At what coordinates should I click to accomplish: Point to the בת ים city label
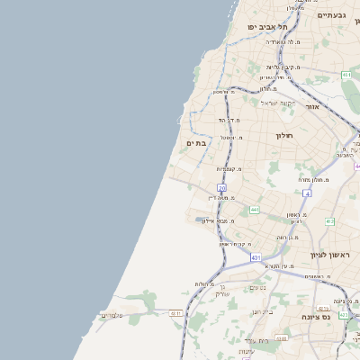pyautogui.click(x=197, y=143)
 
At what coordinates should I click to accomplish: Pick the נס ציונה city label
pyautogui.click(x=338, y=316)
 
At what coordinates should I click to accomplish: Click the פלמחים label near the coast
pyautogui.click(x=113, y=314)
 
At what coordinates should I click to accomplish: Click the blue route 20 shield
pyautogui.click(x=221, y=187)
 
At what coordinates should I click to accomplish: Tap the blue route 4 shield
pyautogui.click(x=307, y=193)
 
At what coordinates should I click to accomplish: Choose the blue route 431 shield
pyautogui.click(x=256, y=257)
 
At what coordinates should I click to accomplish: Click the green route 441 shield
pyautogui.click(x=255, y=210)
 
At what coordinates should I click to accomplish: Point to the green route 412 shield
pyautogui.click(x=329, y=221)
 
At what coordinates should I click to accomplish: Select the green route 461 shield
pyautogui.click(x=346, y=75)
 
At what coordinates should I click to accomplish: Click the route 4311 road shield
pyautogui.click(x=175, y=313)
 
